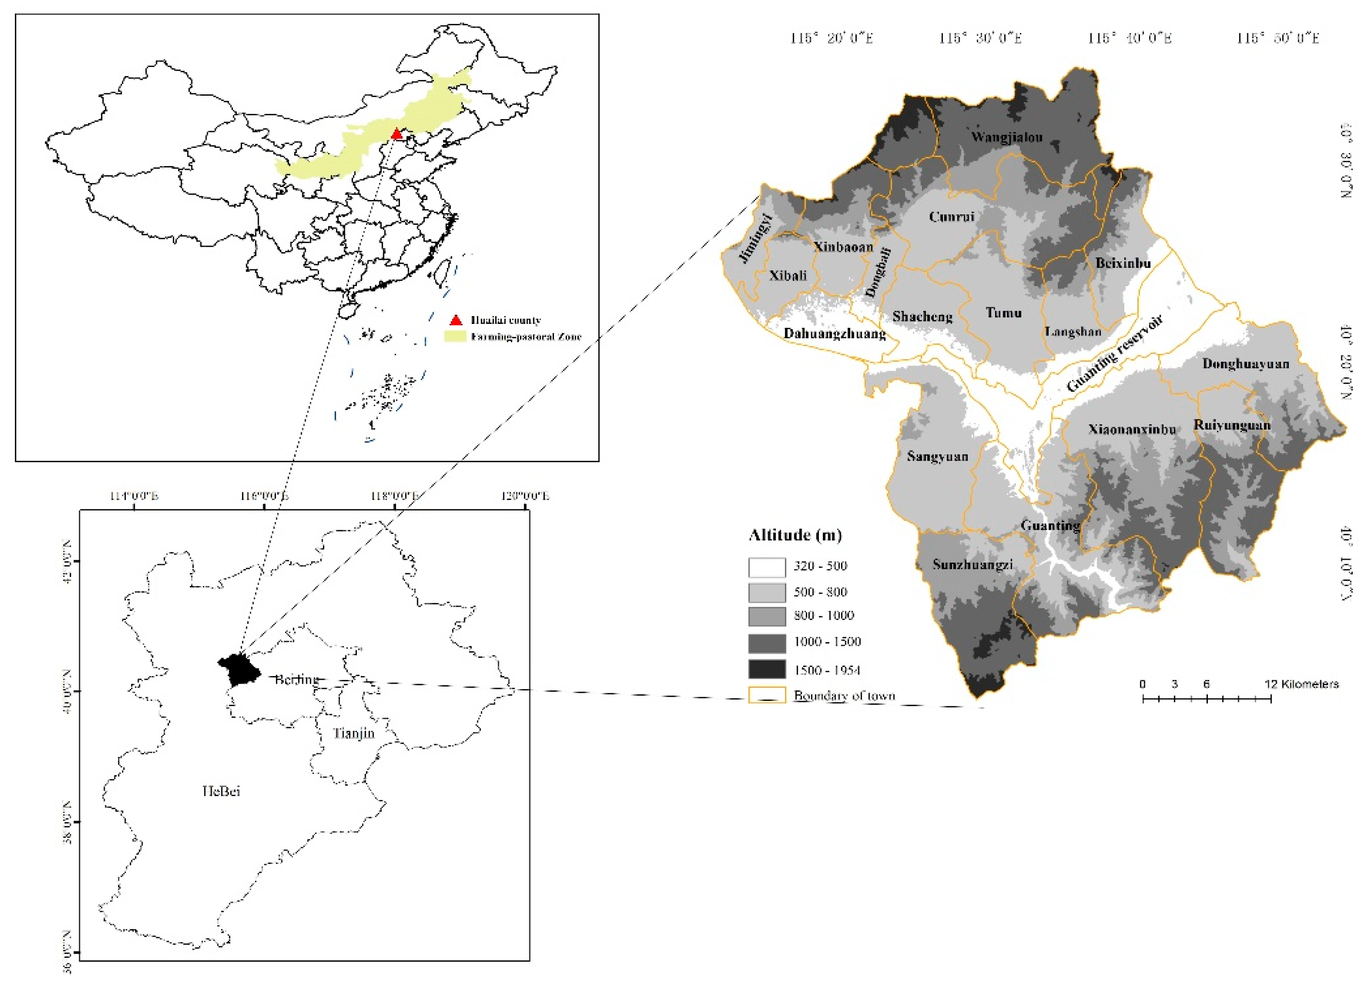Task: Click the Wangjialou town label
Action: [x=1007, y=137]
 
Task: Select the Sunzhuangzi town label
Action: [x=972, y=565]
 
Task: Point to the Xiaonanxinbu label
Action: [x=1132, y=430]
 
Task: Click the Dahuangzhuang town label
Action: [x=834, y=333]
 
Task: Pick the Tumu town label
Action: [x=1003, y=313]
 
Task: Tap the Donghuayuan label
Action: [x=1246, y=364]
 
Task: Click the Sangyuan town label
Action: [x=937, y=457]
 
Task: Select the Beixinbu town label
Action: [x=1123, y=264]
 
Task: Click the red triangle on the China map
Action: [x=396, y=133]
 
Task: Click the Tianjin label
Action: [x=354, y=733]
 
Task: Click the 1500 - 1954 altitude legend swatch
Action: [x=766, y=670]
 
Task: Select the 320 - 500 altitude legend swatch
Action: [x=766, y=567]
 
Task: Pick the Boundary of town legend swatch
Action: [x=766, y=696]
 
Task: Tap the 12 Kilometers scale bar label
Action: [x=1301, y=684]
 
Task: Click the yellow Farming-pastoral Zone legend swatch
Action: [x=455, y=336]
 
